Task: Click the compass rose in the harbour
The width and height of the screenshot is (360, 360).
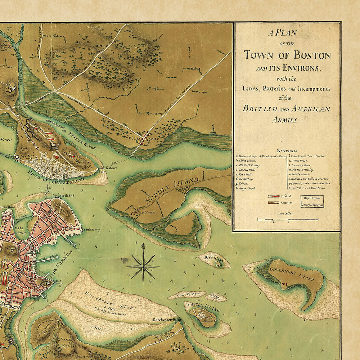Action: (143, 266)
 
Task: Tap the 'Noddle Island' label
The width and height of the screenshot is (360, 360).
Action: (172, 191)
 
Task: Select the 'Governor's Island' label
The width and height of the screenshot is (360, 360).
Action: (292, 274)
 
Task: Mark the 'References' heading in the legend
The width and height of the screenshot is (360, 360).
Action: (287, 150)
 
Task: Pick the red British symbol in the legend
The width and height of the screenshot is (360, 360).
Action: (274, 196)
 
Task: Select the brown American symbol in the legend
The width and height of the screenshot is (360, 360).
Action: (274, 203)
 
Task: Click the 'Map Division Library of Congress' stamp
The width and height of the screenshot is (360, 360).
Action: (312, 201)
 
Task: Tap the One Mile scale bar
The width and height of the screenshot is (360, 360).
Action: (287, 219)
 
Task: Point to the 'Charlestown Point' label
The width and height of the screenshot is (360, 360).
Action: (108, 170)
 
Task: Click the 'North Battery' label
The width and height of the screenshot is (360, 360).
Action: (91, 230)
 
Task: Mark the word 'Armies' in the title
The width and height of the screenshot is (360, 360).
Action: (284, 120)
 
